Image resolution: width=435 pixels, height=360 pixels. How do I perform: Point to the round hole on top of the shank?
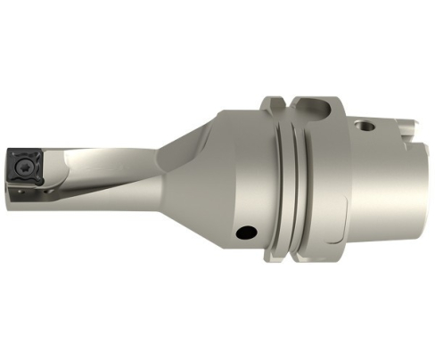pyautogui.click(x=364, y=125)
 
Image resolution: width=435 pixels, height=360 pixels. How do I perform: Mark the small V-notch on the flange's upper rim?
pyautogui.click(x=284, y=97)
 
